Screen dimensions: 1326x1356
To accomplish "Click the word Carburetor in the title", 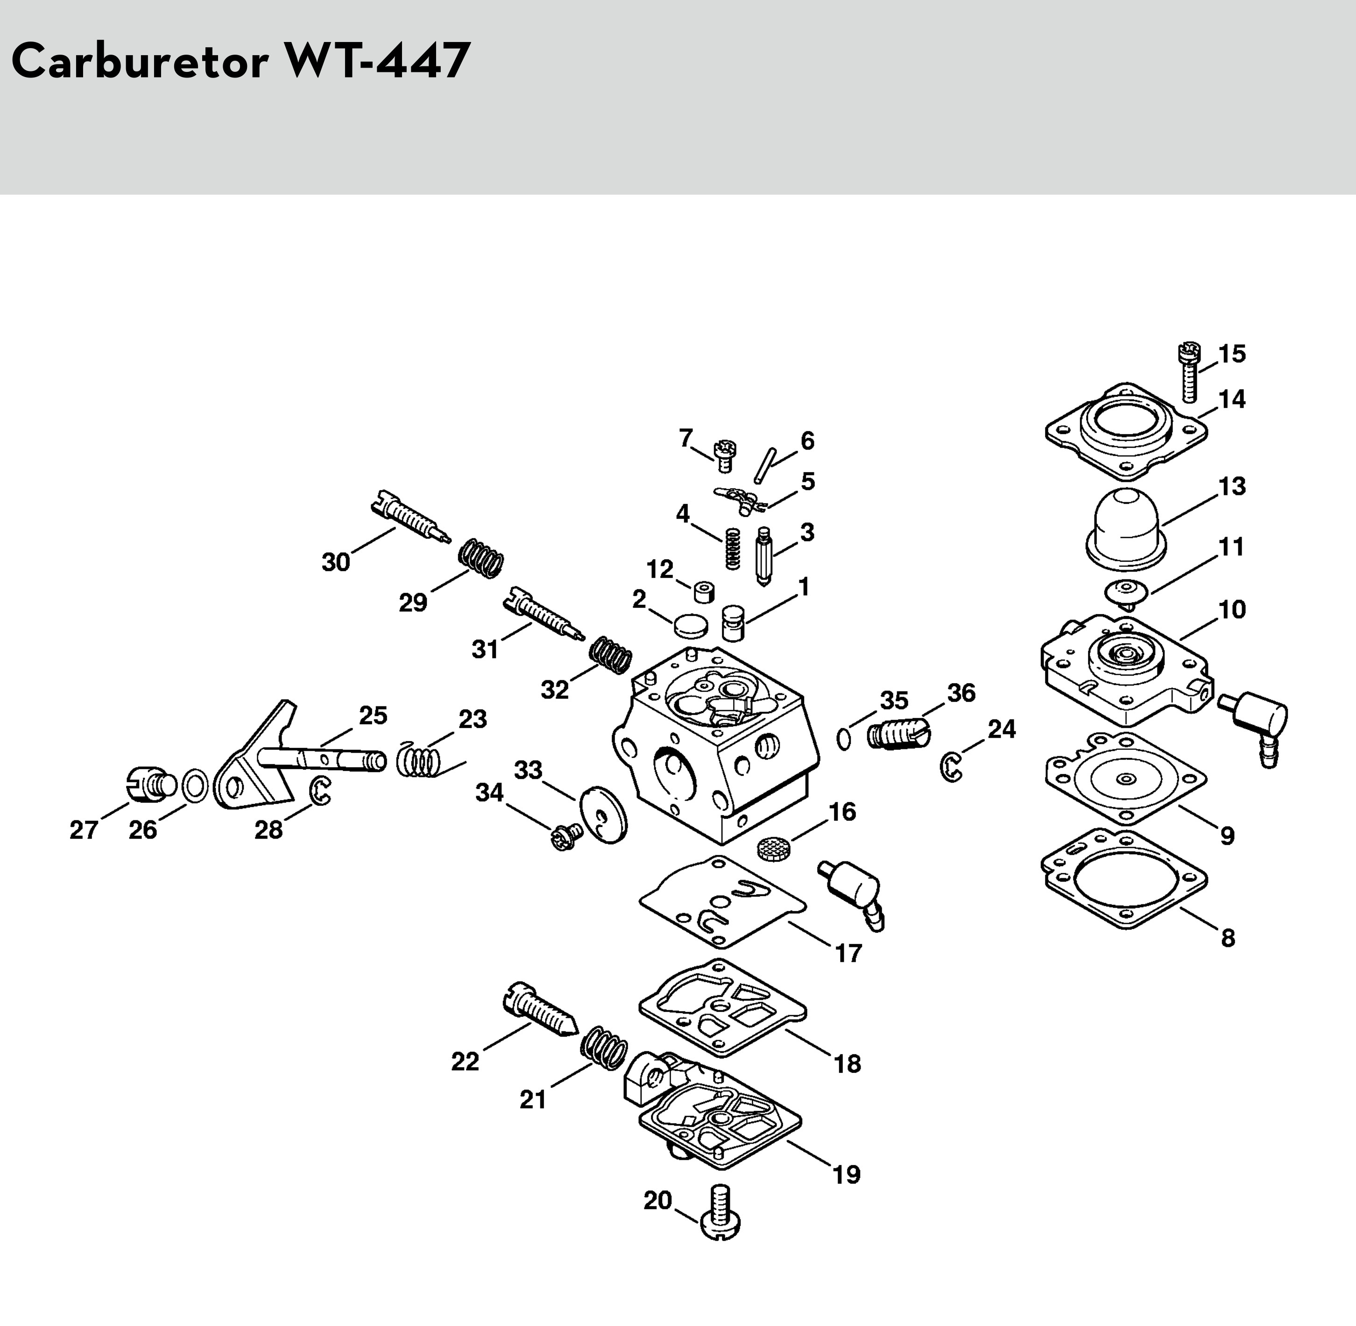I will click(x=139, y=61).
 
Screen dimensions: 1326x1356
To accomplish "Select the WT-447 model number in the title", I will click(x=376, y=61).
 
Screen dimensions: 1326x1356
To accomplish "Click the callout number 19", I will click(x=847, y=1175).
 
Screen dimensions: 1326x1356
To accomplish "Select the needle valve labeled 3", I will click(x=764, y=555).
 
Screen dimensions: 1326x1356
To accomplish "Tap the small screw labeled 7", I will click(x=724, y=456).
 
